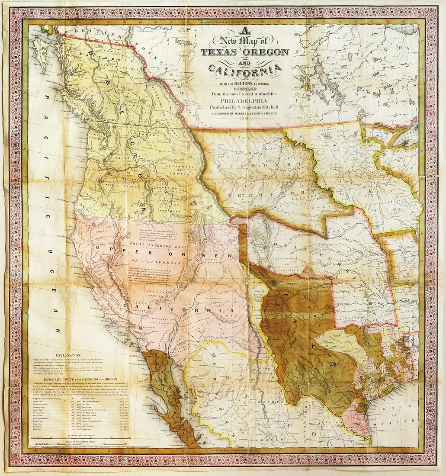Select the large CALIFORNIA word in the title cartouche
point(244,69)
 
